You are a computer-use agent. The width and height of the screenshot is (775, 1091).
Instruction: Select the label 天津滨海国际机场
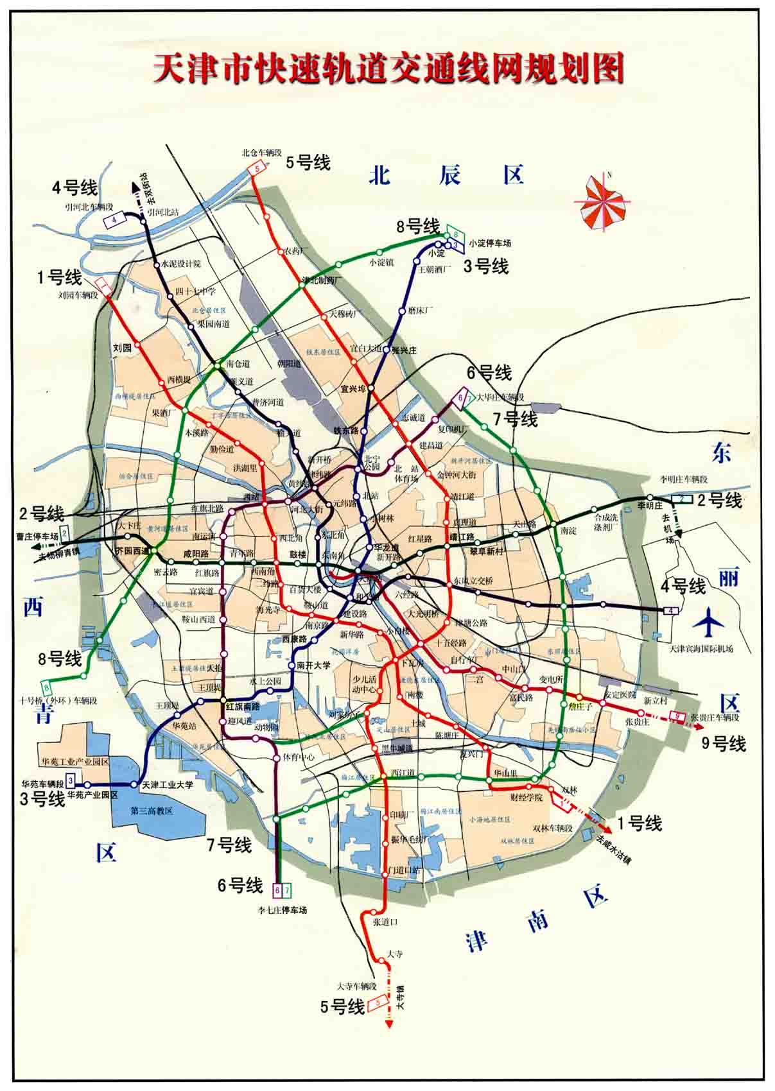point(701,649)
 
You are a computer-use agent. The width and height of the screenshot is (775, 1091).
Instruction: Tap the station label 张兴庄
point(404,350)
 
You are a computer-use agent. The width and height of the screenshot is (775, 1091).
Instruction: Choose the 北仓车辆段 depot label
point(261,153)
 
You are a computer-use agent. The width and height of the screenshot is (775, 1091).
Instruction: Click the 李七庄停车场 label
point(283,910)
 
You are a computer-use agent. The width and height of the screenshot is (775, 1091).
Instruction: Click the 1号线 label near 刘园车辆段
point(59,278)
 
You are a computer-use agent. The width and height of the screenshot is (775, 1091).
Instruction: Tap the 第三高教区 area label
point(152,810)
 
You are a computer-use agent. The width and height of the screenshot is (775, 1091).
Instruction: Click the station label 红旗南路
point(243,706)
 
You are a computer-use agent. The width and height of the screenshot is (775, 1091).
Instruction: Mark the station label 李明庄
point(649,506)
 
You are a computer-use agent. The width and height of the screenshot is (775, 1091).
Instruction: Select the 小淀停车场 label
point(490,243)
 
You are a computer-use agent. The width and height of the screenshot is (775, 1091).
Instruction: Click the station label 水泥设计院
point(180,264)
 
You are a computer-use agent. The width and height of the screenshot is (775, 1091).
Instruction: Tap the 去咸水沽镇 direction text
point(613,850)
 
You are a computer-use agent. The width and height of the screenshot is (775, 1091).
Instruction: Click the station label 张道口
point(385,922)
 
